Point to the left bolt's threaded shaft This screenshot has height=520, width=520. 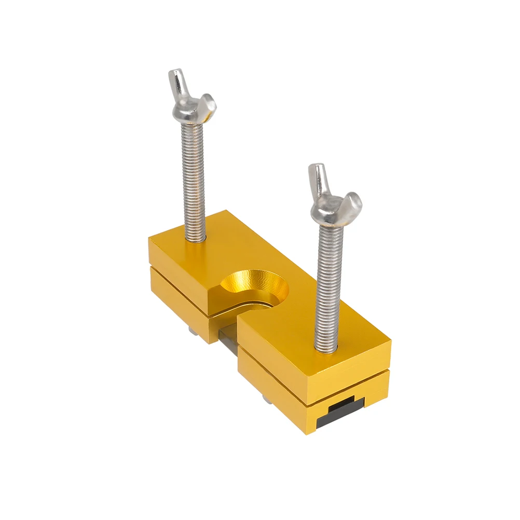click(x=193, y=176)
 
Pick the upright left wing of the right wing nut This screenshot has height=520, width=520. click(x=317, y=179)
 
